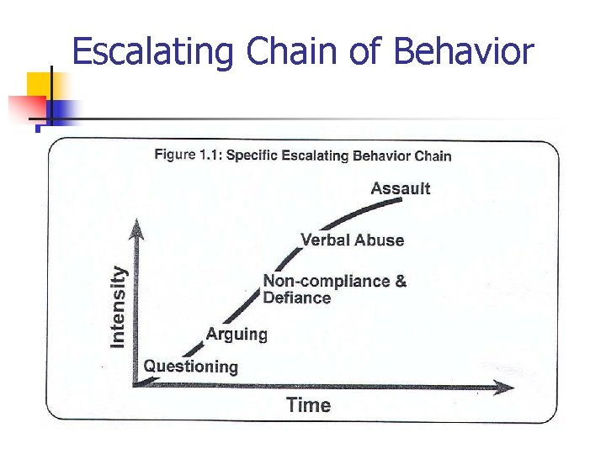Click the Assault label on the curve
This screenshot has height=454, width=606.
[400, 188]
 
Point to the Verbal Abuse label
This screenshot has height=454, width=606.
[352, 240]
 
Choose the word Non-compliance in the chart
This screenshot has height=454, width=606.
[323, 282]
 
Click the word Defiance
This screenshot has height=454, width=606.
[296, 298]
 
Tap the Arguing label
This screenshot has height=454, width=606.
[237, 335]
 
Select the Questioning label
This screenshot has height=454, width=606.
[190, 367]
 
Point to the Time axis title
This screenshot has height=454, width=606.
[308, 405]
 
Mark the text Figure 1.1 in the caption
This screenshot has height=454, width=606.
[188, 155]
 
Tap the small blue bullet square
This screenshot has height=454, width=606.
[38, 129]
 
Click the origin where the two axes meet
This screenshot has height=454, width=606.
[136, 386]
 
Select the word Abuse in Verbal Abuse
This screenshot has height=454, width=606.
[379, 240]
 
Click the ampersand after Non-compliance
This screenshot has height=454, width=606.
[400, 282]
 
